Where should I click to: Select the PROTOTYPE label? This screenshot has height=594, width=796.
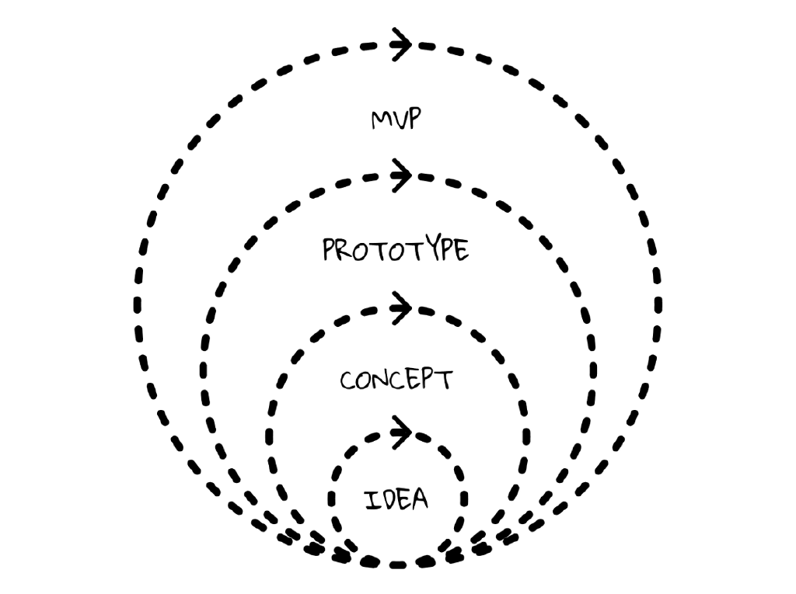pos(396,250)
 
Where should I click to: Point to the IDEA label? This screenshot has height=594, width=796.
pos(396,498)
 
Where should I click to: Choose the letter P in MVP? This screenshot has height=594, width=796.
pos(413,120)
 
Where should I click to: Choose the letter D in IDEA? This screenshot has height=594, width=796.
pos(386,499)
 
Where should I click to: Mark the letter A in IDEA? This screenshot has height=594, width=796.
pos(420,498)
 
